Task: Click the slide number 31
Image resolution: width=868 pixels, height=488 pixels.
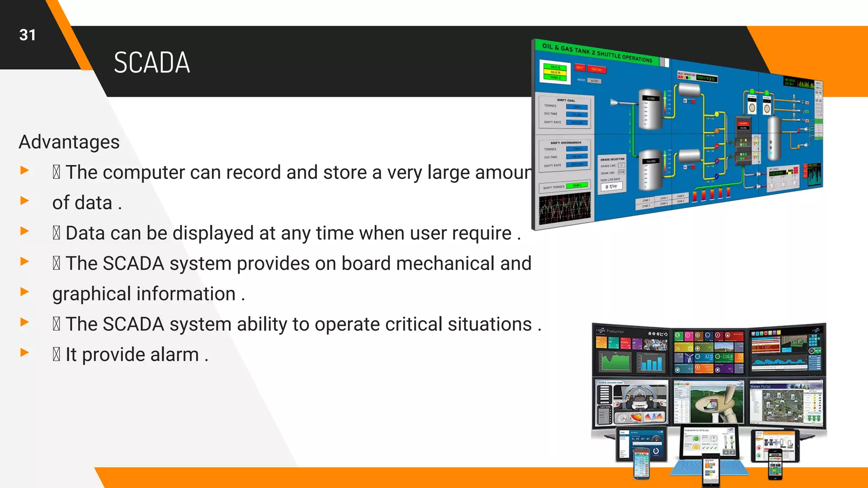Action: (28, 35)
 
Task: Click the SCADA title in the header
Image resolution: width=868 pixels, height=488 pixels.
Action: (152, 63)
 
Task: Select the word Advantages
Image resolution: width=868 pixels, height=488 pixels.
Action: (69, 142)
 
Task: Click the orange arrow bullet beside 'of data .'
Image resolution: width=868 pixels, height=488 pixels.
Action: (25, 201)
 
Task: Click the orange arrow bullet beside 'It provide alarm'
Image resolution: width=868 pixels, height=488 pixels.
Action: (25, 352)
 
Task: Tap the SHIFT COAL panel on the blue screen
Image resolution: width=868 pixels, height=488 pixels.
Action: (566, 113)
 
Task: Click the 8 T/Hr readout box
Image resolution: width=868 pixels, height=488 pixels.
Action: (611, 187)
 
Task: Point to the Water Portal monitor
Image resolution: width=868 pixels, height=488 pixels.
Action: (786, 402)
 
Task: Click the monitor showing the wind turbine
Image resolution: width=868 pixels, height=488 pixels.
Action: (709, 402)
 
